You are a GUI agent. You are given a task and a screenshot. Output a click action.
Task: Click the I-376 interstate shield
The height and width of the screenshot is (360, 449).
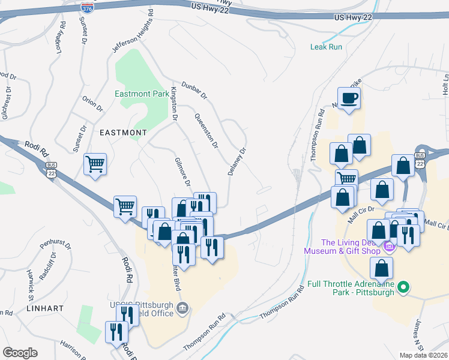(86, 7)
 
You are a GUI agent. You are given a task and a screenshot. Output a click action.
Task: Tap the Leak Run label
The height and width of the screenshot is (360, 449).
(326, 47)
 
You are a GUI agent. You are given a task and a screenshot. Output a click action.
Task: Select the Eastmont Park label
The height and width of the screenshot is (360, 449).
(142, 94)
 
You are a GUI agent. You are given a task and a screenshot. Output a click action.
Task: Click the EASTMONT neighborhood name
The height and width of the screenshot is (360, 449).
(122, 132)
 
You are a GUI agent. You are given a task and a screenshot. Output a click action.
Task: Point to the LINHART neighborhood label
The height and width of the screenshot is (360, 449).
(44, 307)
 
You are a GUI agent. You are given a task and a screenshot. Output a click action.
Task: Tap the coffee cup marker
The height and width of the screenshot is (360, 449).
(348, 98)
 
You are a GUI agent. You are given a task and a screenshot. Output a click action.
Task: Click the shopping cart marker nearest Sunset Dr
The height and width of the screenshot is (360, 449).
(95, 163)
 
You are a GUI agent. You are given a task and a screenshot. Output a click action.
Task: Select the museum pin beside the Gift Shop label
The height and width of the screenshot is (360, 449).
(388, 246)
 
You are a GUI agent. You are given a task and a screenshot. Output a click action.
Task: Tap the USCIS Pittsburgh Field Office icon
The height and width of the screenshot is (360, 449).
(184, 310)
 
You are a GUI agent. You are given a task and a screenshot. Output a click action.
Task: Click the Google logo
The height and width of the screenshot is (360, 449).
(20, 353)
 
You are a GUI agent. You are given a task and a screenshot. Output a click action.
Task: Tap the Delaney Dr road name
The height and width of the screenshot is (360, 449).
(237, 162)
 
